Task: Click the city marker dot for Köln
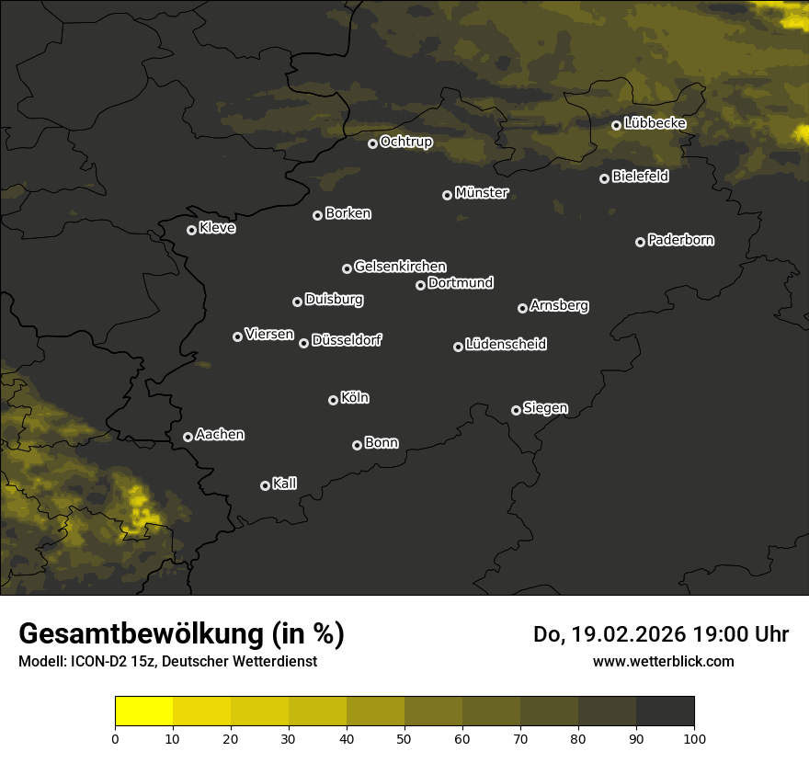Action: (x=333, y=400)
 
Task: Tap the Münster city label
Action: (x=481, y=193)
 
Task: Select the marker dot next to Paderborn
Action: (x=640, y=242)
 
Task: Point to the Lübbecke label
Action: (x=655, y=123)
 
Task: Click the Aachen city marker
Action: (x=188, y=437)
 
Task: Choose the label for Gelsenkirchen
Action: (x=400, y=267)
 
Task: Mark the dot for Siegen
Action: (x=516, y=410)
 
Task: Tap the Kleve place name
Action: (x=217, y=228)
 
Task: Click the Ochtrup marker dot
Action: (x=372, y=143)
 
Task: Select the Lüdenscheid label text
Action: (x=506, y=345)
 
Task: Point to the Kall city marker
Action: (x=265, y=485)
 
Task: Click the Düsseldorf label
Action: (x=347, y=340)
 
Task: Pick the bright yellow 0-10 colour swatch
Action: (x=143, y=712)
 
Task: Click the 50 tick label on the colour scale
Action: (x=404, y=738)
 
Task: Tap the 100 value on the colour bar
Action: (x=694, y=738)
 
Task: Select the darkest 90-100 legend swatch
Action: (x=665, y=712)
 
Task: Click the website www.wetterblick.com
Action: (x=663, y=661)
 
